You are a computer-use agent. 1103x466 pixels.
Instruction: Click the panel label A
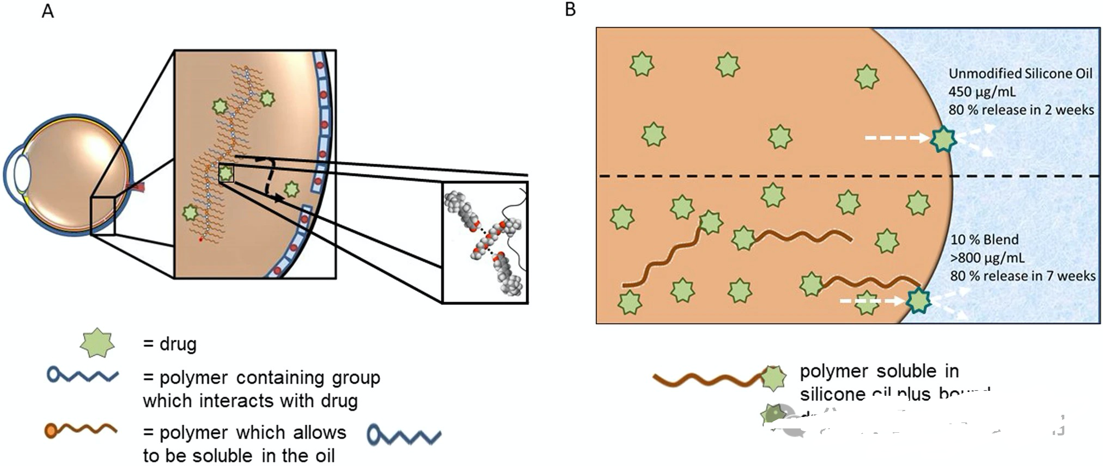(x=48, y=11)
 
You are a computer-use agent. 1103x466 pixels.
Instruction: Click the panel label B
(x=570, y=10)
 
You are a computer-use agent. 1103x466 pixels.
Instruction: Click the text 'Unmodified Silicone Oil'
(x=1020, y=73)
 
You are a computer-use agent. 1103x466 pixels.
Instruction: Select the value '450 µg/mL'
(x=982, y=91)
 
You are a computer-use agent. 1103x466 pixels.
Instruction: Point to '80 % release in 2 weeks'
(x=1021, y=109)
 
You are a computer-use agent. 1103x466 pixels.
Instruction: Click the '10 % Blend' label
(x=984, y=240)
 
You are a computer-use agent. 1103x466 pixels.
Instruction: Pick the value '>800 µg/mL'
(x=987, y=257)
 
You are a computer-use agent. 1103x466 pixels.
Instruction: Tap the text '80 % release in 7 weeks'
(x=1022, y=275)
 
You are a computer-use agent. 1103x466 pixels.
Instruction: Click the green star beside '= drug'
(x=97, y=343)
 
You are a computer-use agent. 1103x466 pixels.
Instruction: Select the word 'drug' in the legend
(x=178, y=344)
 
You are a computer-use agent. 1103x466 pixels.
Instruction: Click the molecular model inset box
(x=485, y=242)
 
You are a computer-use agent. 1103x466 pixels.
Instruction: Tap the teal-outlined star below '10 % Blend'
(x=919, y=301)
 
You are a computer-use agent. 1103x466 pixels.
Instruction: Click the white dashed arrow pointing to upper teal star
(x=896, y=138)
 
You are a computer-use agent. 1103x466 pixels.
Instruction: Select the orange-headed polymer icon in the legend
(x=81, y=430)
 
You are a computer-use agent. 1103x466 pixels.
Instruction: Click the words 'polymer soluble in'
(x=879, y=371)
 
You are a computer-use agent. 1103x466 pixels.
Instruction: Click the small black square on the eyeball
(x=103, y=216)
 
